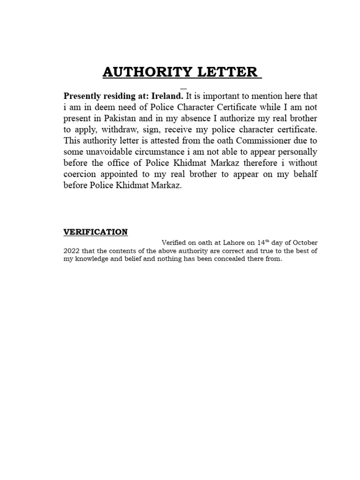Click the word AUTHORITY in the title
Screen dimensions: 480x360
[145, 72]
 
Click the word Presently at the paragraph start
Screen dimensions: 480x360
[83, 96]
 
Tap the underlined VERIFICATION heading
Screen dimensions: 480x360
[96, 232]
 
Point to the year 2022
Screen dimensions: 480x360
[71, 251]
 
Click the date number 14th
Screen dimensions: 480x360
[263, 242]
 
